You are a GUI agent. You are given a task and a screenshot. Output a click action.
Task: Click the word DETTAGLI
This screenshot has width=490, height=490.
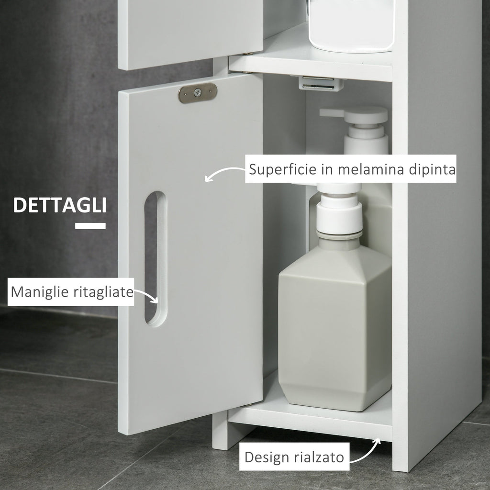pos(60,205)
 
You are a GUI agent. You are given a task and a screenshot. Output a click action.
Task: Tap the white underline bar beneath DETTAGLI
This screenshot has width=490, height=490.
pos(90,226)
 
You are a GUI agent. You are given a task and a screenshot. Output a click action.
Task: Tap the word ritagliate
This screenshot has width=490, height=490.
pos(103,292)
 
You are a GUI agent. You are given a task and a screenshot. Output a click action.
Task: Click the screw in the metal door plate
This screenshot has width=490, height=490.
pos(198,92)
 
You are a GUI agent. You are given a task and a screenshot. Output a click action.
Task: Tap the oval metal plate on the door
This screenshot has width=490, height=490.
pos(198,93)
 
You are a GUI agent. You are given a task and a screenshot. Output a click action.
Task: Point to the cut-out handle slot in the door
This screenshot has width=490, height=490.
pos(156,259)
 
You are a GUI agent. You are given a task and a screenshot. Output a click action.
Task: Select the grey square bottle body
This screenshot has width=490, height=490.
pos(334,328)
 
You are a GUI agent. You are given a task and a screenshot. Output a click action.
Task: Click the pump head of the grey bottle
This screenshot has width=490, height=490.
pos(339,210)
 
